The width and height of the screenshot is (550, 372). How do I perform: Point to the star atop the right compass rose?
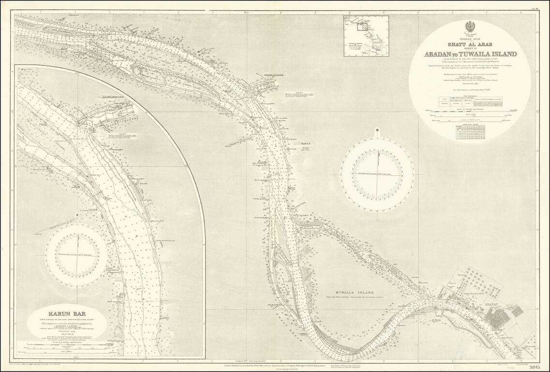tap(376, 130)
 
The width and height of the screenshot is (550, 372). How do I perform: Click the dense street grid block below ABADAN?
tap(498, 319)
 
